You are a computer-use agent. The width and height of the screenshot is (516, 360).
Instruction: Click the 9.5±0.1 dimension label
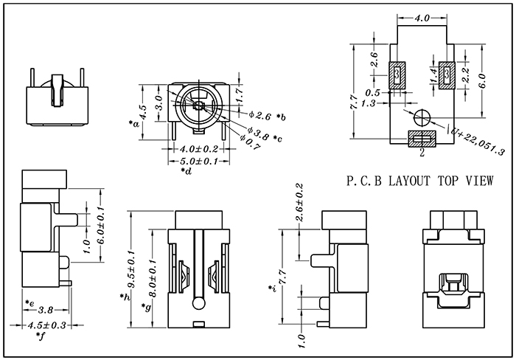coord(132,269)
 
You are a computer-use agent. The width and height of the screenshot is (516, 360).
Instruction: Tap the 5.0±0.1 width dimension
coord(199,162)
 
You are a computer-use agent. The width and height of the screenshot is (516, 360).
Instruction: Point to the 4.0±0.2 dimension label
coord(199,149)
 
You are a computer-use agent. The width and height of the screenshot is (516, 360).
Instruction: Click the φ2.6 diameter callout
coord(260,116)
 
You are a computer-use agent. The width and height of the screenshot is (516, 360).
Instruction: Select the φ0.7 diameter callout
coord(251,142)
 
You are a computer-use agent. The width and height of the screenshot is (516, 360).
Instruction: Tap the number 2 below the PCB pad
coord(422,153)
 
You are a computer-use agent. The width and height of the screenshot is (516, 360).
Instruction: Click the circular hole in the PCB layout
coord(422,117)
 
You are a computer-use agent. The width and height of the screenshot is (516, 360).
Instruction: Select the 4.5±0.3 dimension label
coord(46,326)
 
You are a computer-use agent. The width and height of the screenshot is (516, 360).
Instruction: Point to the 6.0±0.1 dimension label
coord(101,225)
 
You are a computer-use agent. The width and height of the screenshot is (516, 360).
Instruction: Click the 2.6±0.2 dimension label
coord(299,202)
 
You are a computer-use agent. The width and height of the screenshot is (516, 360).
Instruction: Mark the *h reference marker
coord(125,297)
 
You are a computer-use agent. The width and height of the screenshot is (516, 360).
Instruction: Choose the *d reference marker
coord(186,171)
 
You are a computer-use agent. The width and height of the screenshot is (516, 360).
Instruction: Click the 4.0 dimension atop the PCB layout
coord(422,18)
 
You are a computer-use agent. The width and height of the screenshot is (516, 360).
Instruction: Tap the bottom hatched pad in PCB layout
coord(422,139)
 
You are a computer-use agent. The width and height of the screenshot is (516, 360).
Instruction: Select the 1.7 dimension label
coord(240,94)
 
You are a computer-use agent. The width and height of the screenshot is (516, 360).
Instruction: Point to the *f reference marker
coord(40,336)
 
